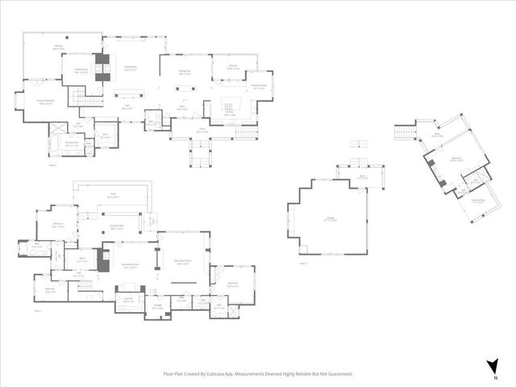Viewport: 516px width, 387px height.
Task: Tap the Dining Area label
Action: (184, 73)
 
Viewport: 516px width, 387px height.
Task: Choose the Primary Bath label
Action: (72, 144)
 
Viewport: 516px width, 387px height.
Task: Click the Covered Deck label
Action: (116, 227)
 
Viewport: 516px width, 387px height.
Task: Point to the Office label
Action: (82, 260)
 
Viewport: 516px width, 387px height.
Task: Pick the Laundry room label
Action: (127, 301)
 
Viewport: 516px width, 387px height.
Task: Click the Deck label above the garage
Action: (362, 177)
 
